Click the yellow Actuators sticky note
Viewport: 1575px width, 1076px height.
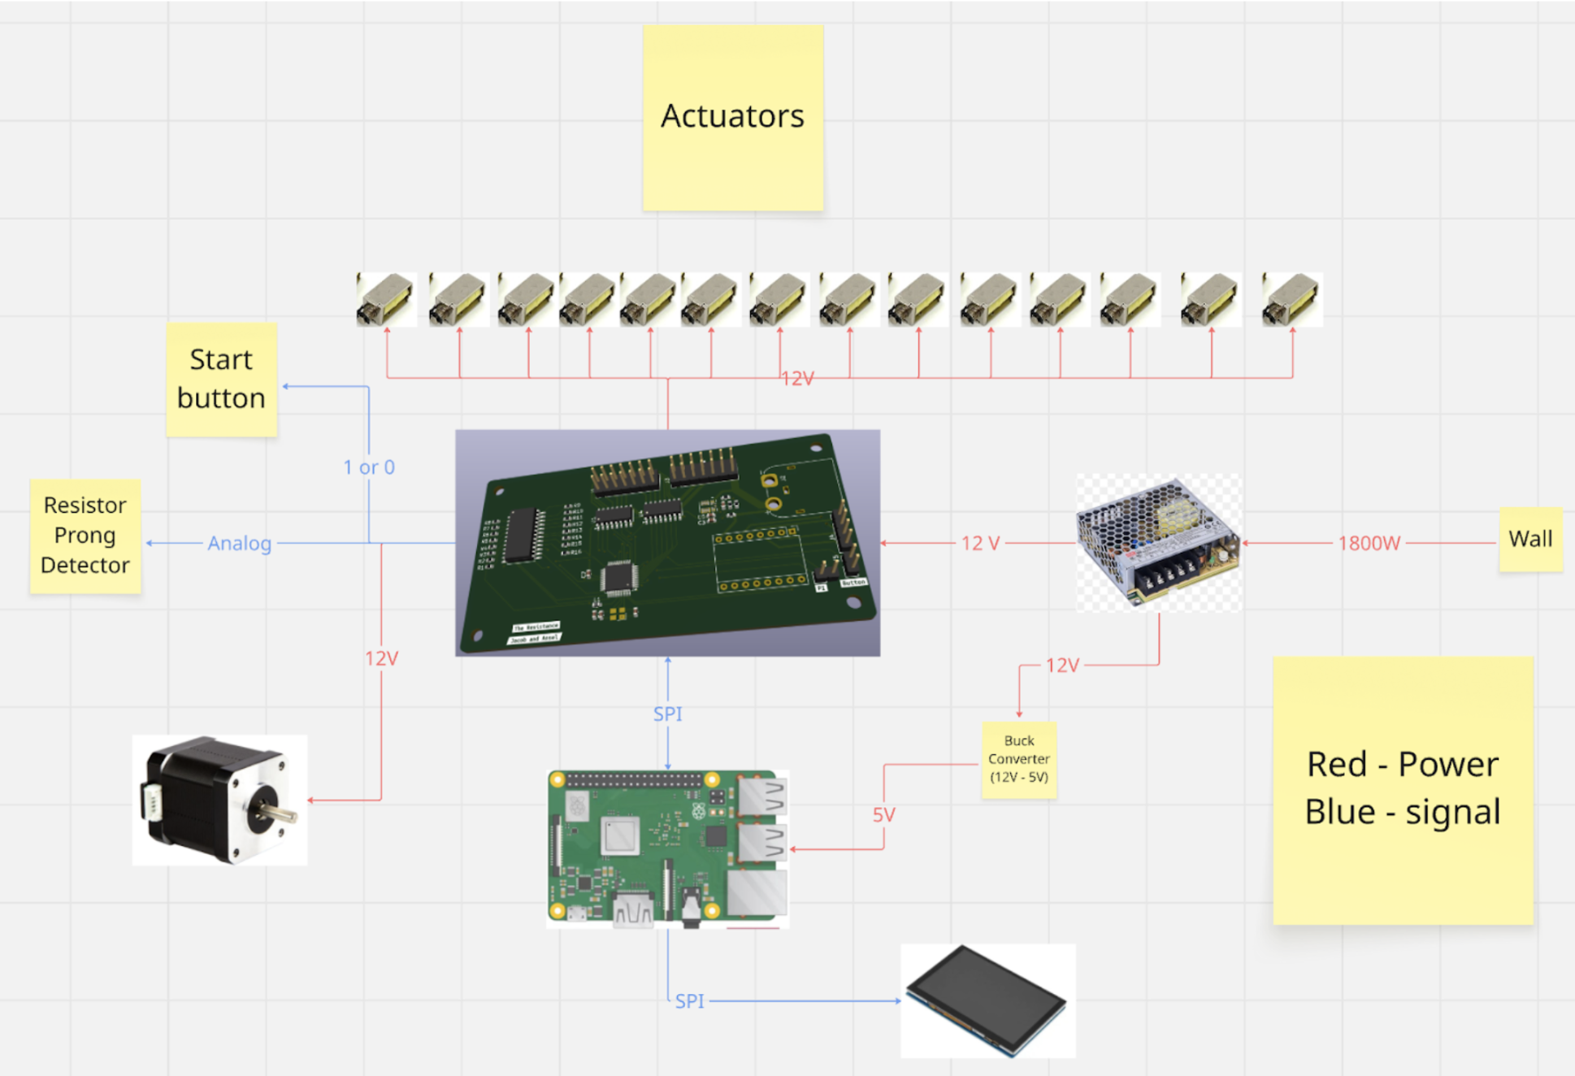pos(732,117)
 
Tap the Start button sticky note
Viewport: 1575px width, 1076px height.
pos(221,380)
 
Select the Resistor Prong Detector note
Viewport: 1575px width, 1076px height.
pos(85,536)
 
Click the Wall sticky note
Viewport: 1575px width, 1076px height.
pos(1529,539)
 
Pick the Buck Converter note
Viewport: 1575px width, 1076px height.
pos(1018,759)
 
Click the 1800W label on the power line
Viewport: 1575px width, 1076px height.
pos(1369,543)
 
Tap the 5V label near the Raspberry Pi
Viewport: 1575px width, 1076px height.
pos(883,814)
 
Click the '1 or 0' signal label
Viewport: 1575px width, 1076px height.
pos(369,467)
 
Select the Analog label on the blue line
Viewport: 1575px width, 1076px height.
pos(239,543)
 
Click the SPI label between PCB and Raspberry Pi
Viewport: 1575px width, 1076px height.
pos(667,714)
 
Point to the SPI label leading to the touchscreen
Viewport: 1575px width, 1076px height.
pos(689,1001)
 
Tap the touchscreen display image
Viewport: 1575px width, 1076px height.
pos(987,1000)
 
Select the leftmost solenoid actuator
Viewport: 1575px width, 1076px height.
pos(386,300)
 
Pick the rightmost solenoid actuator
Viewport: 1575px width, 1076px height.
pos(1291,300)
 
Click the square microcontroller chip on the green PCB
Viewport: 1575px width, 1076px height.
pos(618,578)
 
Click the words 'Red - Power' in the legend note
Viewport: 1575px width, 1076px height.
pos(1402,764)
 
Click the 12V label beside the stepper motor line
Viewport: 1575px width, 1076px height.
pos(381,658)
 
